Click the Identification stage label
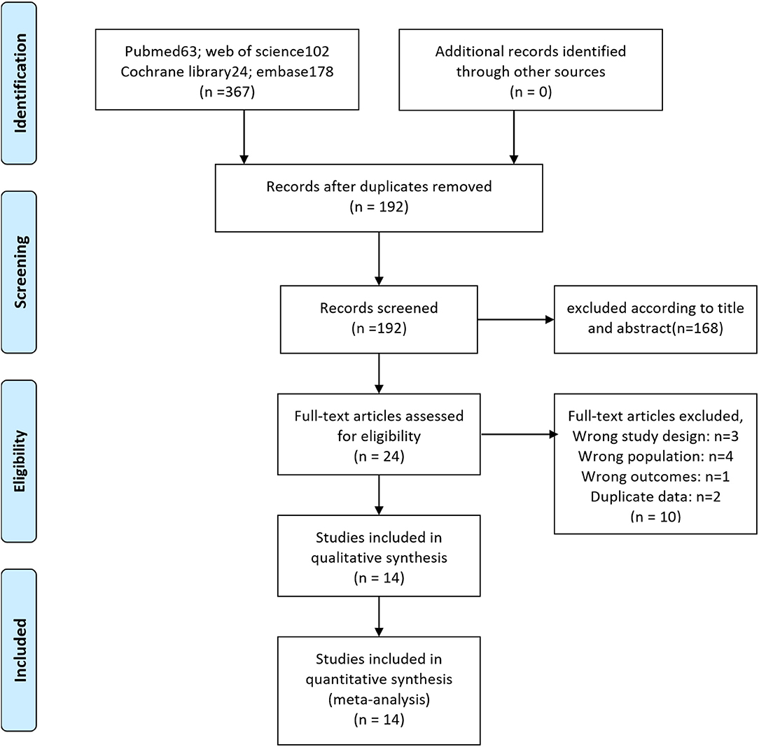coord(20,83)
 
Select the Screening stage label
coord(20,272)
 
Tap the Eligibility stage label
coord(20,461)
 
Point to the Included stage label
coord(20,650)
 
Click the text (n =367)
coord(227,92)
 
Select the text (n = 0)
coord(531,92)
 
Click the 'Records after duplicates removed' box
coord(379,197)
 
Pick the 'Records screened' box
coord(379,319)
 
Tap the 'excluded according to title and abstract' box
coord(655,319)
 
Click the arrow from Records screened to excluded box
coord(515,319)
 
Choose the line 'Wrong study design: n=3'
coord(655,436)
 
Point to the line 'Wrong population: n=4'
coord(655,456)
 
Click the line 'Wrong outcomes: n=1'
coord(655,476)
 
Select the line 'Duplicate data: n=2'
coord(655,496)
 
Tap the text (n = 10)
coord(655,517)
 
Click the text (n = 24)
coord(379,456)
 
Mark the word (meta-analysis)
coord(379,699)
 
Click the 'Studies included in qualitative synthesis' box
coord(379,556)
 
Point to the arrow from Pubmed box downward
coord(244,137)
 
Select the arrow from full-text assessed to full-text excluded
coord(520,434)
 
